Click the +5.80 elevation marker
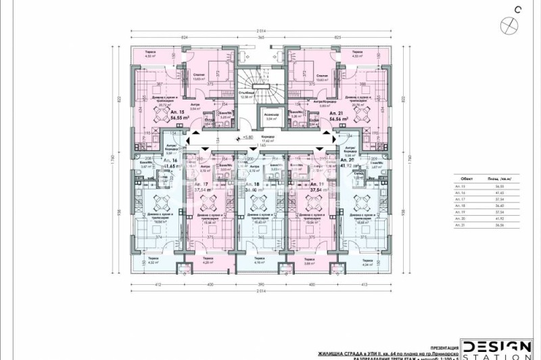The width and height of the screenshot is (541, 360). (x=248, y=138)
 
